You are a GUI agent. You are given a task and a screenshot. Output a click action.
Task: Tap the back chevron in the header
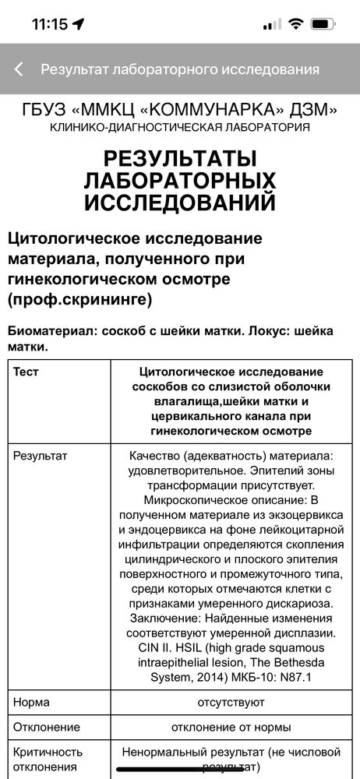19,69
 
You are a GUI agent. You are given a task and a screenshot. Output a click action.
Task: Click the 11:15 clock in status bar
50,24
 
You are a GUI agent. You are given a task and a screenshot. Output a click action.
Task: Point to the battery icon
323,24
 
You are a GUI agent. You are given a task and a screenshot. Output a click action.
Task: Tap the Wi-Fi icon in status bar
295,24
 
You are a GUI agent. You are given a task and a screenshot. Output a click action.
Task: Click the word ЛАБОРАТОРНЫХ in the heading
180,181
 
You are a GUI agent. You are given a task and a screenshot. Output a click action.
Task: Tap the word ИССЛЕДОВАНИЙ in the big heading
180,203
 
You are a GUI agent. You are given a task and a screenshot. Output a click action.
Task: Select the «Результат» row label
41,454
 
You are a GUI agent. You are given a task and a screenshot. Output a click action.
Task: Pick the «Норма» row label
32,702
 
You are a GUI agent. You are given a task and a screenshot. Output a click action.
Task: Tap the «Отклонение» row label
47,727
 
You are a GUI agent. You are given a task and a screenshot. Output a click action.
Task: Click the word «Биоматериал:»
51,330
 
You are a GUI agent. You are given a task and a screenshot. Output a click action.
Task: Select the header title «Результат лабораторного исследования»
180,69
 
